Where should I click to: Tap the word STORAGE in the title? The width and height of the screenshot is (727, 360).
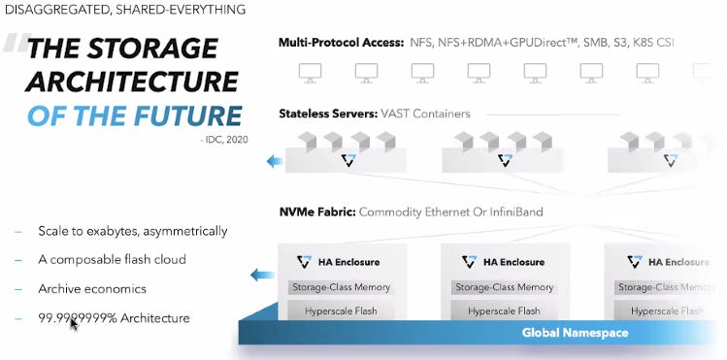coord(166,48)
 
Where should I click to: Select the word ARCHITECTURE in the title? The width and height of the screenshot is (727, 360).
coord(133,82)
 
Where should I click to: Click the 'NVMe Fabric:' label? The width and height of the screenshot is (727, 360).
coord(316,211)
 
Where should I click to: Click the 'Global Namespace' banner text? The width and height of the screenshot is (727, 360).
coord(575,333)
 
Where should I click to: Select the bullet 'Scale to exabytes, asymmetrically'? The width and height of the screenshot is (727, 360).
coord(132,231)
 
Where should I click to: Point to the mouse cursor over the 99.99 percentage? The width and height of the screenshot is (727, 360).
coord(74,322)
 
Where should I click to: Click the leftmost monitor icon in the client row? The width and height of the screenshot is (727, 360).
coord(311,72)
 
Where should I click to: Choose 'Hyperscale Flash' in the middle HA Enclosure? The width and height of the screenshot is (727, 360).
coord(504,311)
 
